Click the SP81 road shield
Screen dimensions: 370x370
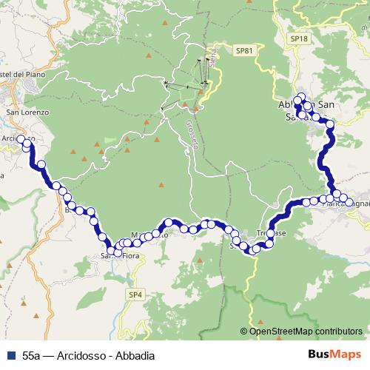coord(244,50)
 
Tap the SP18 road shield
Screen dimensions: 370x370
coord(298,38)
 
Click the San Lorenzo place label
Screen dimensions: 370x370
coord(27,112)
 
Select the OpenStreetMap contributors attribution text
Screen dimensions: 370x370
coord(306,332)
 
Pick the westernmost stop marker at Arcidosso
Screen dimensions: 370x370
coord(21,139)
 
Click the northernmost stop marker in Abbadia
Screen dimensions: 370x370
coord(300,97)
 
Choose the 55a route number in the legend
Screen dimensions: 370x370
coord(30,355)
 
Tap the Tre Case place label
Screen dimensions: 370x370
coord(266,233)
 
